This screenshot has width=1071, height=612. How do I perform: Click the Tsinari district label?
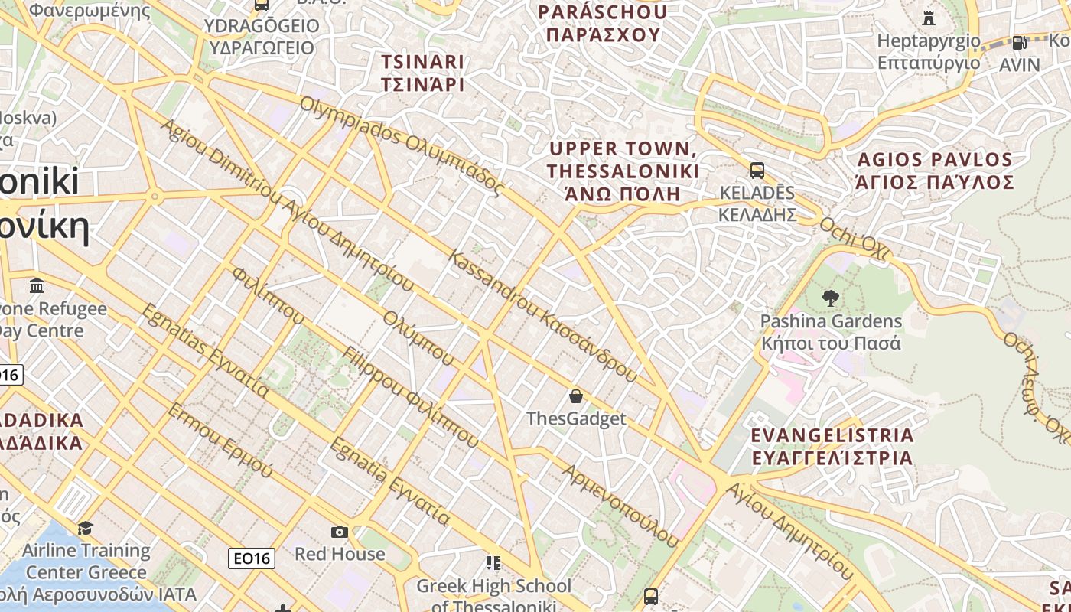422,73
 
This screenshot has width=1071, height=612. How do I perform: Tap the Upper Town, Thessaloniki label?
623,171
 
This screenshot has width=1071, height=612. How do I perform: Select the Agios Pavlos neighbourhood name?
935,171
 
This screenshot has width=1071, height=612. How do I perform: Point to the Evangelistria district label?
832,447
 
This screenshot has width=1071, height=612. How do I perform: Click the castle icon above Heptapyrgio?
929,18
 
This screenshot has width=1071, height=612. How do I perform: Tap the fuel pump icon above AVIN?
1019,43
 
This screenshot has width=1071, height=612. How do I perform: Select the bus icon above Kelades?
757,171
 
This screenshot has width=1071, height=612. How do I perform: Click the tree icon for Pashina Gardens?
830,298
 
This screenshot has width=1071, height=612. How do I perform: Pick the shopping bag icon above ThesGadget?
576,396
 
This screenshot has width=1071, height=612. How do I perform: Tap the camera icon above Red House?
340,532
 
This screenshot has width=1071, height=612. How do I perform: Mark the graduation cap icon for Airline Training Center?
85,529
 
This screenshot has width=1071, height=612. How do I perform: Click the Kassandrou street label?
543,315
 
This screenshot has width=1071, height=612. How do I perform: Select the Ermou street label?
220,441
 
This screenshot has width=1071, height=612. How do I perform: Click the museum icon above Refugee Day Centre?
36,286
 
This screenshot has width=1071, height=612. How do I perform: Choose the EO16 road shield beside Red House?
252,558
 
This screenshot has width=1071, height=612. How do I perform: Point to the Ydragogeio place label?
262,37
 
